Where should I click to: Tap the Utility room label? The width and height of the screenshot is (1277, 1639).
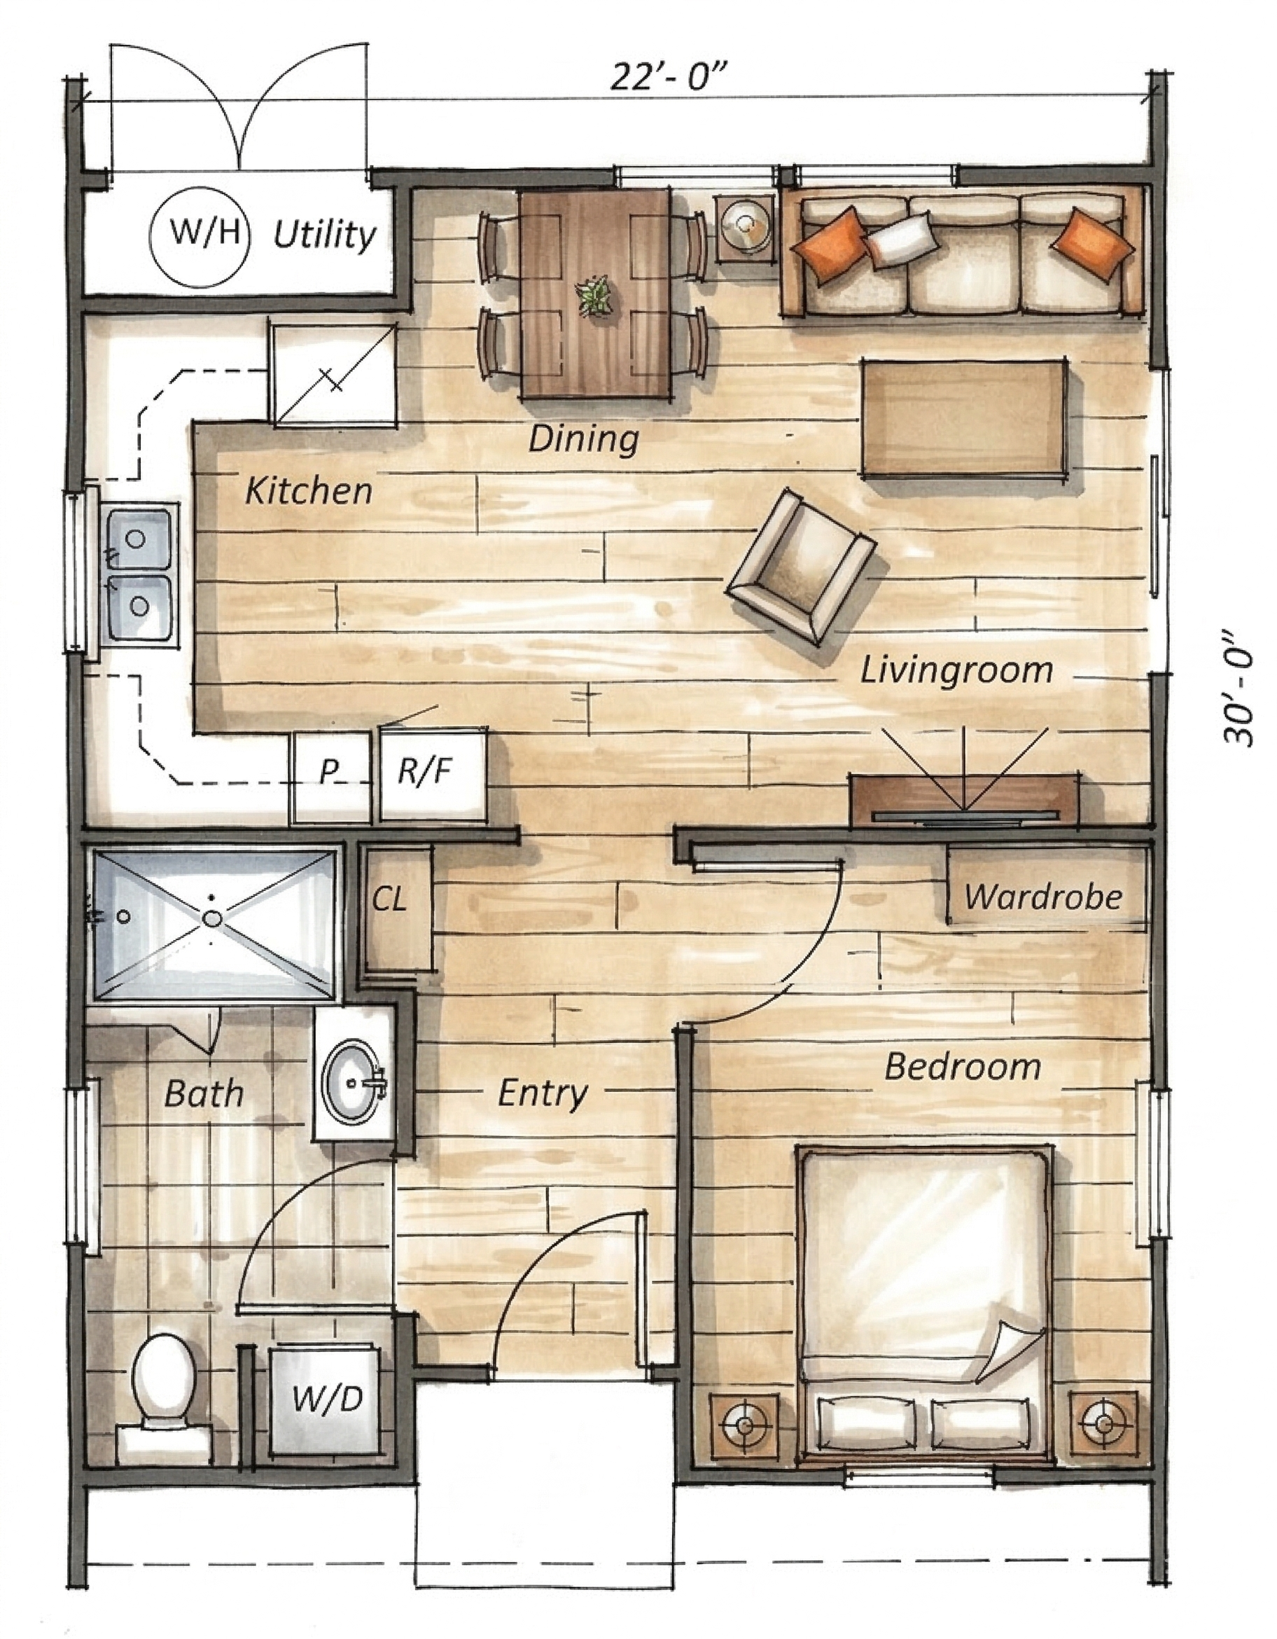click(323, 235)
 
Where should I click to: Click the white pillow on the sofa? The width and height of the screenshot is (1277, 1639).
click(902, 239)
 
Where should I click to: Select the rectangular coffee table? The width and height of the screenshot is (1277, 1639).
click(964, 418)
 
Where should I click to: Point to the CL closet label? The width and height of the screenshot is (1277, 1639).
click(390, 899)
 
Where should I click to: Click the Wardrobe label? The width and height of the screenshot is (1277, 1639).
click(1043, 897)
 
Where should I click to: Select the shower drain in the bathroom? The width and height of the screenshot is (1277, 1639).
click(213, 917)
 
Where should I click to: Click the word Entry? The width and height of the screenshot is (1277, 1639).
click(542, 1093)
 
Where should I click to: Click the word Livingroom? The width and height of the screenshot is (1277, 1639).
click(956, 670)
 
